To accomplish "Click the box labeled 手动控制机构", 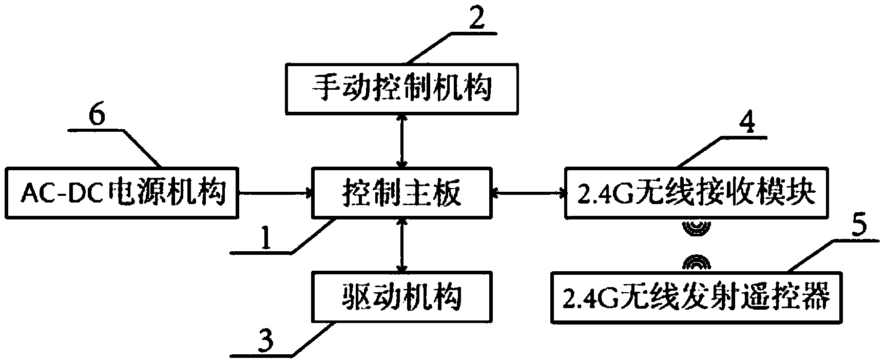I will (401, 88).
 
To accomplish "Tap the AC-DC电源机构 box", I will (122, 193).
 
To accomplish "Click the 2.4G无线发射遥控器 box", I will (697, 297).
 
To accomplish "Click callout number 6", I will (97, 115).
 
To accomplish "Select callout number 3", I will (265, 340).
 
